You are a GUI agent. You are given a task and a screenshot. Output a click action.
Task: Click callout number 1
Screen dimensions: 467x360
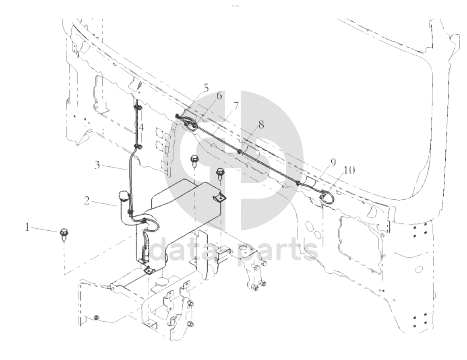[27, 227]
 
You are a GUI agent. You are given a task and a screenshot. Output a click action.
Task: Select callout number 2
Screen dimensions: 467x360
[87, 200]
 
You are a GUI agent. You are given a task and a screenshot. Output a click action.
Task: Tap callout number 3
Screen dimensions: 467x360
[98, 165]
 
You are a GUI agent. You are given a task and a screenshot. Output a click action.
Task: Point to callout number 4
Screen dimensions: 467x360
[141, 128]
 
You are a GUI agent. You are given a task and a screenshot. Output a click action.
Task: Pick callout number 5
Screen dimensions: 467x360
[206, 88]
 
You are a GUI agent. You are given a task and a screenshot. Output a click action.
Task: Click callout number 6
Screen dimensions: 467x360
[219, 96]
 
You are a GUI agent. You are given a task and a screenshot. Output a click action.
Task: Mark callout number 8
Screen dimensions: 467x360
[261, 124]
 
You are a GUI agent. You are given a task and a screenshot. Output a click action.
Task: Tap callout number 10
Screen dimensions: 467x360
[350, 170]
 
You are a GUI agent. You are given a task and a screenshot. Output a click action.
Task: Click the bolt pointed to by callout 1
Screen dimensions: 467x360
[63, 233]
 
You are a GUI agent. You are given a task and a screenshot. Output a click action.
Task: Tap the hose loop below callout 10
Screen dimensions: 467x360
[325, 197]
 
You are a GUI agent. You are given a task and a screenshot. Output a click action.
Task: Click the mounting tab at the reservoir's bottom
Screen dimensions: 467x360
[148, 271]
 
